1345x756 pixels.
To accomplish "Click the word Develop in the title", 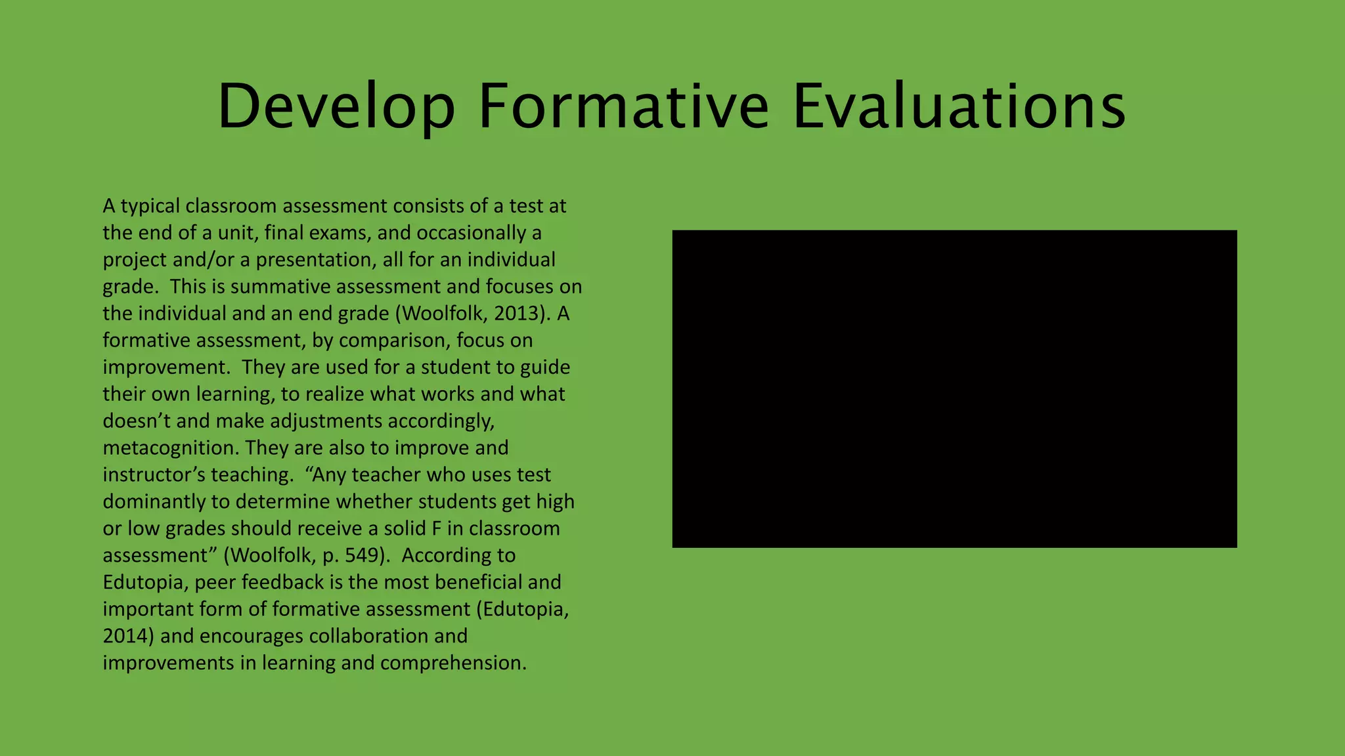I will (x=336, y=106).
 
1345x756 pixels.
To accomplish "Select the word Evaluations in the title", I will (x=959, y=106).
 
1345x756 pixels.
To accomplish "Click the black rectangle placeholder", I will (x=954, y=388).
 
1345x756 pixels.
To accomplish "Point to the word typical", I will (x=150, y=206).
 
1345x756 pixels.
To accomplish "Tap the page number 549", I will (x=364, y=556).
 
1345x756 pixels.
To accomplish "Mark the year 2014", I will (x=128, y=637).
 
